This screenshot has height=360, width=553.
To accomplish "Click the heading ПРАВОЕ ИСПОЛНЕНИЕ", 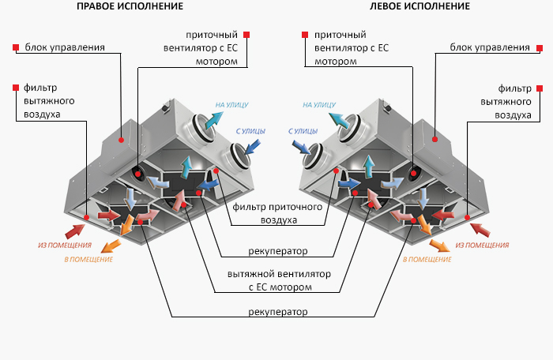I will click(130, 6).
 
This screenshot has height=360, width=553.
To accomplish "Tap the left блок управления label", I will click(65, 47).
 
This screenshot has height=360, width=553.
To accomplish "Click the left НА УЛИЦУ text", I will click(232, 104).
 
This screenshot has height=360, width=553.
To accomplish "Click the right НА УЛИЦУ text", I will click(319, 104).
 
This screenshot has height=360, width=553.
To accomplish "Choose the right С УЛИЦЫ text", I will click(302, 131).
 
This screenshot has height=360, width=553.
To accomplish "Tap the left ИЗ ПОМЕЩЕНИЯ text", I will click(65, 245).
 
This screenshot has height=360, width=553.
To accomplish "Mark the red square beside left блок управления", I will click(16, 47).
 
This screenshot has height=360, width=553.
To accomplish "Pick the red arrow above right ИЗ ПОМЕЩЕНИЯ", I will click(479, 230).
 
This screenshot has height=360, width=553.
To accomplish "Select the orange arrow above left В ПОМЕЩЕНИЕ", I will click(111, 246).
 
